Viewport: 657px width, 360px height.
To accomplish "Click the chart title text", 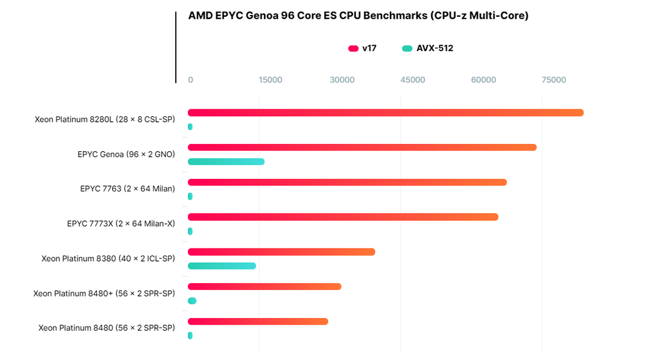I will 358,16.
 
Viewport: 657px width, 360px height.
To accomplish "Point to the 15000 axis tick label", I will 270,80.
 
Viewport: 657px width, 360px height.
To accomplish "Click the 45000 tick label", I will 412,80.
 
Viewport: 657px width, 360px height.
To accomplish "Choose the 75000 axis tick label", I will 554,80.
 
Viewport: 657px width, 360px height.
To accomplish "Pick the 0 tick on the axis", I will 191,80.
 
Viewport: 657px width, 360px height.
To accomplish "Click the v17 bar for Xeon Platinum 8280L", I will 385,113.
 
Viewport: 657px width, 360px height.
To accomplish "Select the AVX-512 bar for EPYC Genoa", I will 226,162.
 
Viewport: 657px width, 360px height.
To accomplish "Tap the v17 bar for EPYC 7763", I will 347,182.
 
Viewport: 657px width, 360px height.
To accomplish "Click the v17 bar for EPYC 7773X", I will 343,217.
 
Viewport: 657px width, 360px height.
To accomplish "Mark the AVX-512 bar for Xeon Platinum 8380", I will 222,266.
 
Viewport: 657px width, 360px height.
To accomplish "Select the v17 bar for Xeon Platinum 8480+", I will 265,287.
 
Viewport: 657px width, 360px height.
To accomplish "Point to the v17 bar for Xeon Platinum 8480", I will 258,322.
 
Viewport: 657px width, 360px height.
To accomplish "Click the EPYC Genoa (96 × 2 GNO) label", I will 126,154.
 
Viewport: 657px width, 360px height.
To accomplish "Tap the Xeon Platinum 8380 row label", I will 108,259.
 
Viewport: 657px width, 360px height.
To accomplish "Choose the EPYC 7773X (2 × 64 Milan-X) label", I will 121,224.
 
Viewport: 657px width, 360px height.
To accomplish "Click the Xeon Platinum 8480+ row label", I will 104,293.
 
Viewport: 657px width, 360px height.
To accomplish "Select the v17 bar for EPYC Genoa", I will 362,148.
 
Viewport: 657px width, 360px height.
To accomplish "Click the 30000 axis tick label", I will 342,80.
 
